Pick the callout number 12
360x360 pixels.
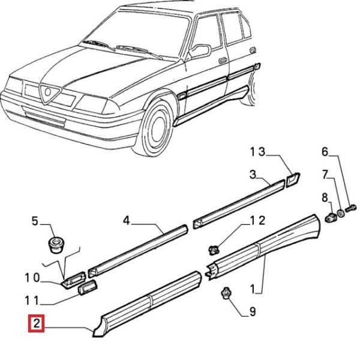257,221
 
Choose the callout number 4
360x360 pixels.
127,221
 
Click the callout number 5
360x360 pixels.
34,221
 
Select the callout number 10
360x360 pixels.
32,278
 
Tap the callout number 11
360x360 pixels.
32,300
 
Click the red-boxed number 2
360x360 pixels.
37,325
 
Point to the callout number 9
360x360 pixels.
253,311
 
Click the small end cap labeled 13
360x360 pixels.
293,178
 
